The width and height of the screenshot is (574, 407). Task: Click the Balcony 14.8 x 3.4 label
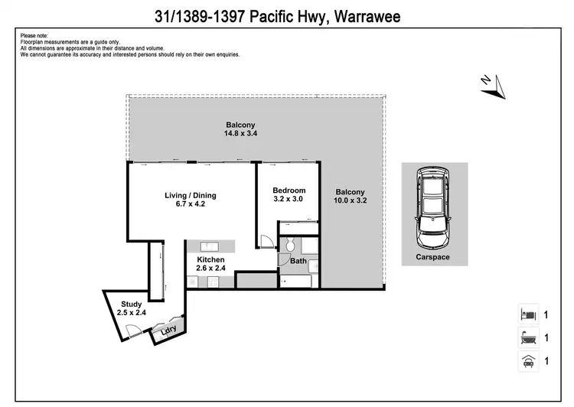tap(240, 129)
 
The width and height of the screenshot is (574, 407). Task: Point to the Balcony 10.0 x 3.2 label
tap(349, 197)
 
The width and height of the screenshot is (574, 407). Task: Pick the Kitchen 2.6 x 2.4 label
tap(210, 265)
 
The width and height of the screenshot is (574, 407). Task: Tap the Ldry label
tap(168, 330)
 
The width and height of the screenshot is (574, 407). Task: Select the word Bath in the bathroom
tap(298, 262)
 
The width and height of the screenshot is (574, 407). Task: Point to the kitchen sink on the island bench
tap(210, 246)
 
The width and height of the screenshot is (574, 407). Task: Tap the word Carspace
tap(432, 257)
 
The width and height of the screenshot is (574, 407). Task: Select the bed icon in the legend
tap(527, 314)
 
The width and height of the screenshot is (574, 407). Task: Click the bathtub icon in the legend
tap(527, 337)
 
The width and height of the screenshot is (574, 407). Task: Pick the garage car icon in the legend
tap(527, 361)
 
